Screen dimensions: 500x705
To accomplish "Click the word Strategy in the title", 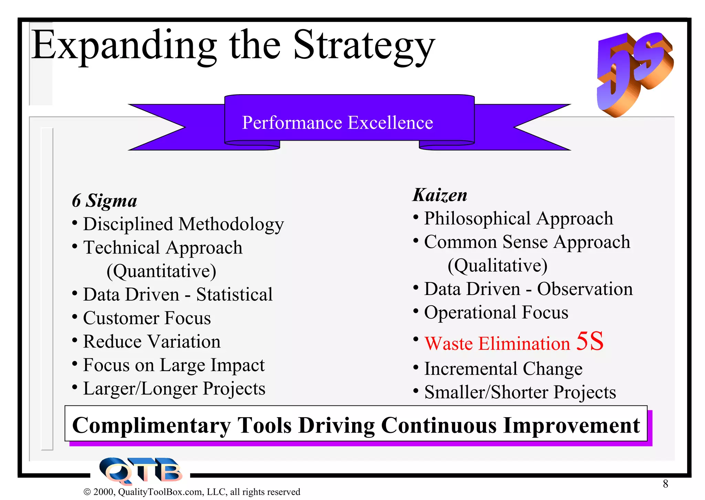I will (x=364, y=46).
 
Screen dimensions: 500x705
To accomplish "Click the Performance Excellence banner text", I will (x=337, y=123).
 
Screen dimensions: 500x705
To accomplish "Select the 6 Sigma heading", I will (x=104, y=201).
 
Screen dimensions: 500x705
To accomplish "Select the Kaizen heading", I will (x=440, y=195).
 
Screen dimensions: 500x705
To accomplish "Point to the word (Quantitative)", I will (x=161, y=271).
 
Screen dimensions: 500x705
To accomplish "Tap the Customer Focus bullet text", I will (x=147, y=318).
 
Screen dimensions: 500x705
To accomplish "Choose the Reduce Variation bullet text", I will (x=152, y=342).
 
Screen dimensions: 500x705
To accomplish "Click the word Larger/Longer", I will (x=140, y=389).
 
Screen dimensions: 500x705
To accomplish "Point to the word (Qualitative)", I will (x=497, y=265).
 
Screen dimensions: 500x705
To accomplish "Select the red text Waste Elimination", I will (x=497, y=344).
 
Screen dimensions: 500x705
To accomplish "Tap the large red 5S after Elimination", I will (x=590, y=341).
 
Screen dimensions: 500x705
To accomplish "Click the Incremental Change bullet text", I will (x=503, y=369).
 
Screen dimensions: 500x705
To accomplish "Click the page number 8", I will (x=665, y=484).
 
